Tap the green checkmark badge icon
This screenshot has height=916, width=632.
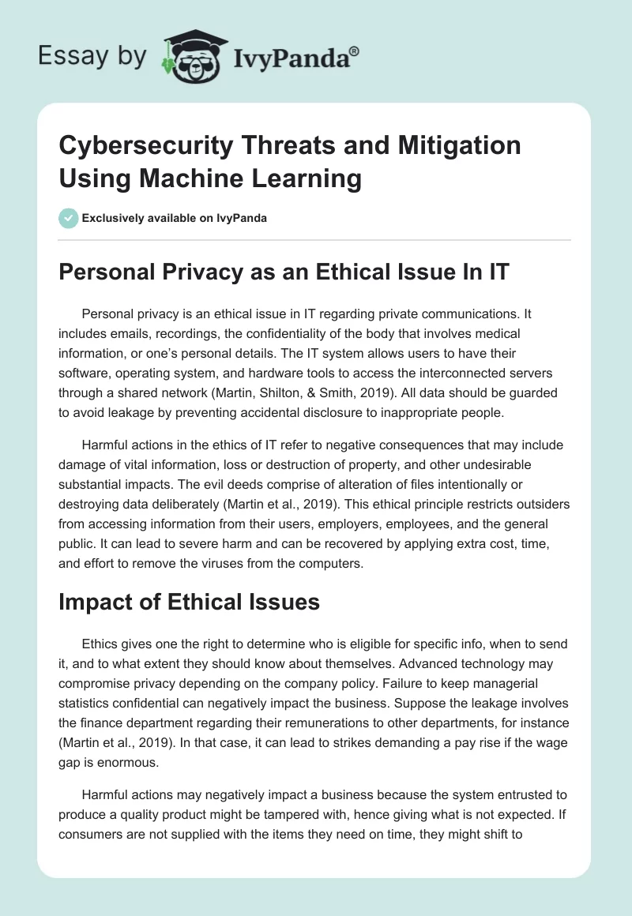68,218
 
